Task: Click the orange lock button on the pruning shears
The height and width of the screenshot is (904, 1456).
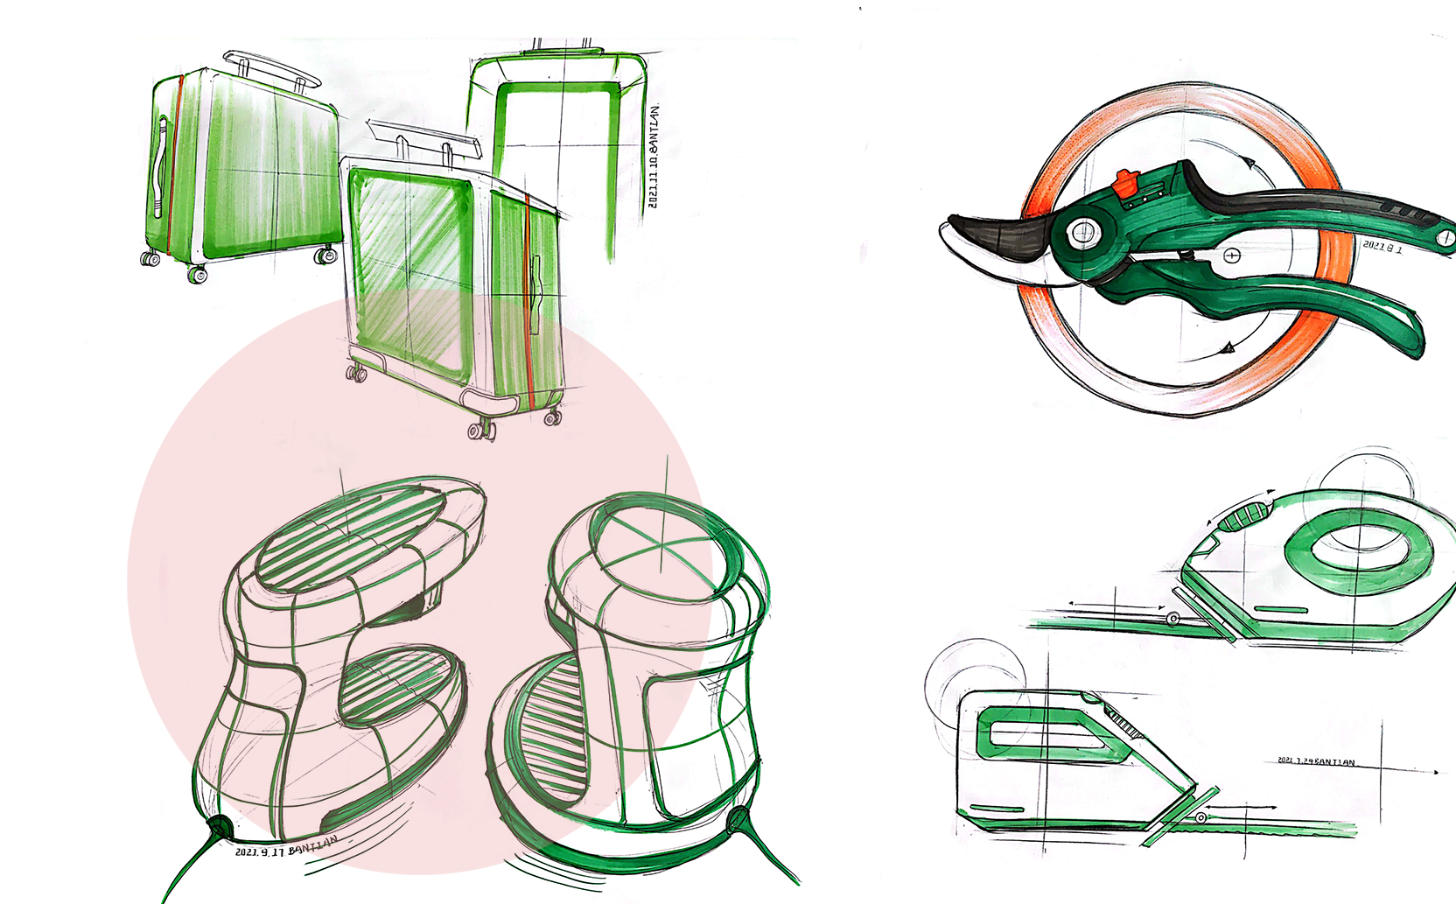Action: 1123,184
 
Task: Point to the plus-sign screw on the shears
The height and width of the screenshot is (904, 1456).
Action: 1232,256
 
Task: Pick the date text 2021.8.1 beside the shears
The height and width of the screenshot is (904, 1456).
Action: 1382,248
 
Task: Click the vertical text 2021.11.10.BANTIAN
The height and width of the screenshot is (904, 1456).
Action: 654,158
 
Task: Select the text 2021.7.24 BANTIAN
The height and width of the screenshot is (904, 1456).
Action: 1316,761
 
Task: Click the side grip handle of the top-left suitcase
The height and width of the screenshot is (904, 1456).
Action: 159,166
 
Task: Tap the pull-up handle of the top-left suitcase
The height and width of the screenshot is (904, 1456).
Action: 267,68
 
